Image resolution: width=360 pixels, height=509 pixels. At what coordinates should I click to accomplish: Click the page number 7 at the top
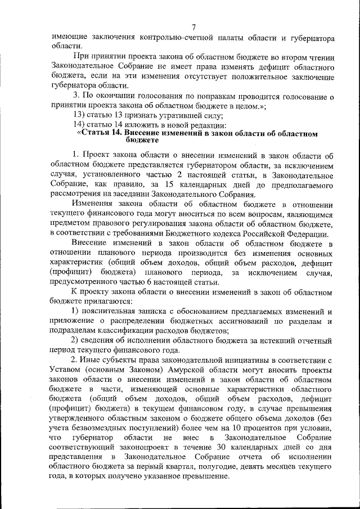193,27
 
